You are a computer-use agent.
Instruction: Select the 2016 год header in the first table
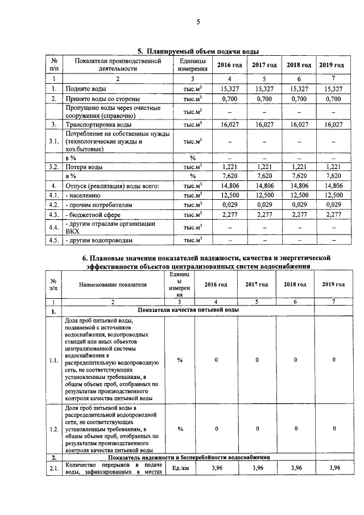click(x=229, y=65)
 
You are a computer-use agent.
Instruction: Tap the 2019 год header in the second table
click(x=333, y=284)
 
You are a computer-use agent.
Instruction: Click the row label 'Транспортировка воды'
click(x=99, y=124)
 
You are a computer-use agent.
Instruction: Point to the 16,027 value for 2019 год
click(x=332, y=124)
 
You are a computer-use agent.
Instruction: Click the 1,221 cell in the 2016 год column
click(x=229, y=167)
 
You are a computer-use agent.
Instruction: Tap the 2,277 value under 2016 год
click(x=229, y=215)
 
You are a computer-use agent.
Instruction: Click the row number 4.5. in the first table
click(x=53, y=240)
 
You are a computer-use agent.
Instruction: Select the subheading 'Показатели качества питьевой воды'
click(x=188, y=310)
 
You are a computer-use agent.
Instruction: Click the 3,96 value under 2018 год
click(x=295, y=468)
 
